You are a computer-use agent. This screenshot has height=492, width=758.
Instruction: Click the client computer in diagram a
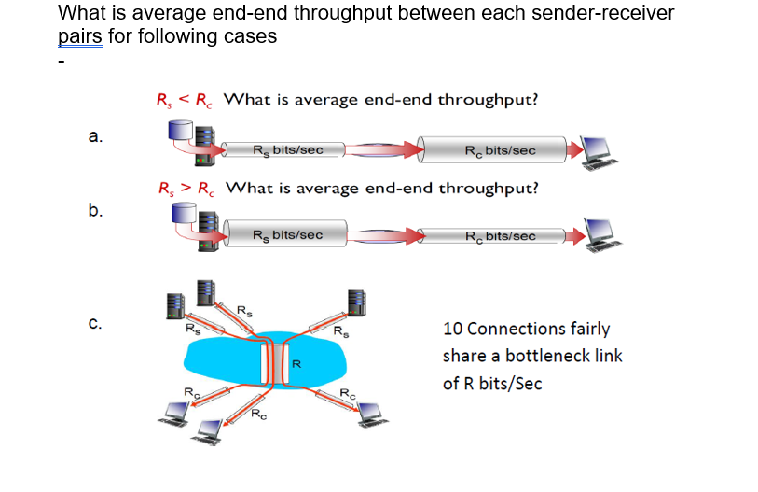(594, 150)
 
